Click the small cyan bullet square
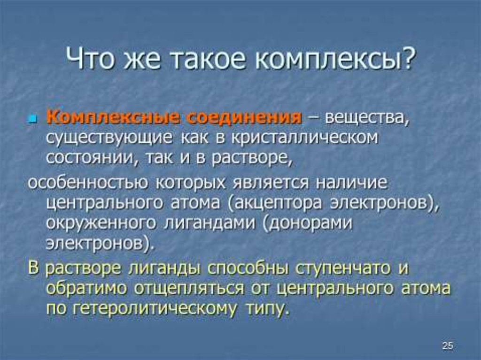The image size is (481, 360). [32, 118]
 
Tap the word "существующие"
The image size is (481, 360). [109, 139]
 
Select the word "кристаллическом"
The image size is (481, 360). [304, 139]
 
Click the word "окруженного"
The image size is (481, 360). [101, 224]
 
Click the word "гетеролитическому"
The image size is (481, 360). [155, 309]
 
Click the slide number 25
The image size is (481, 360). [447, 345]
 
